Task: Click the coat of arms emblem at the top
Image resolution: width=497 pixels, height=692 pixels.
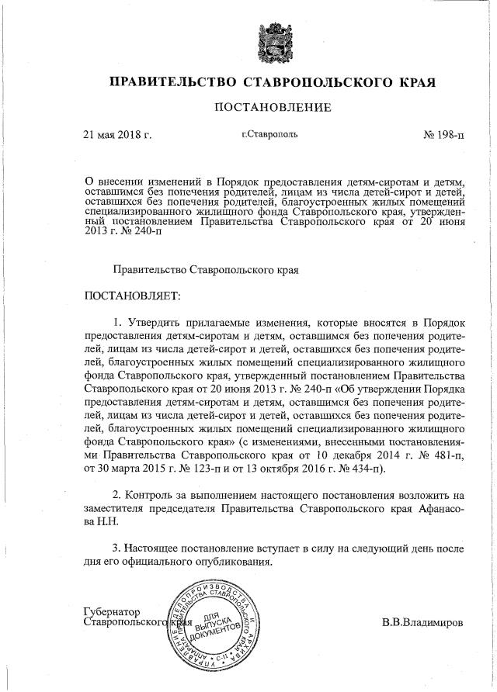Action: point(273,43)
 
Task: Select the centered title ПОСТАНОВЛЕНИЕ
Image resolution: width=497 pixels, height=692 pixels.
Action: point(273,107)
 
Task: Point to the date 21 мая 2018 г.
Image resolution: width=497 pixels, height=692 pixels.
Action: point(116,134)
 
